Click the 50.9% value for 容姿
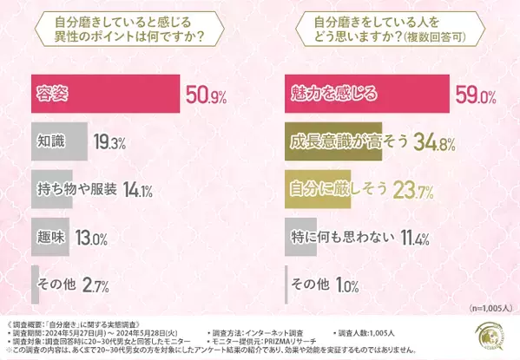[x=207, y=94]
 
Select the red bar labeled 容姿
[x=104, y=94]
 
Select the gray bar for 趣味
[x=52, y=236]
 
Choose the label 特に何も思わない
[x=343, y=236]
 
